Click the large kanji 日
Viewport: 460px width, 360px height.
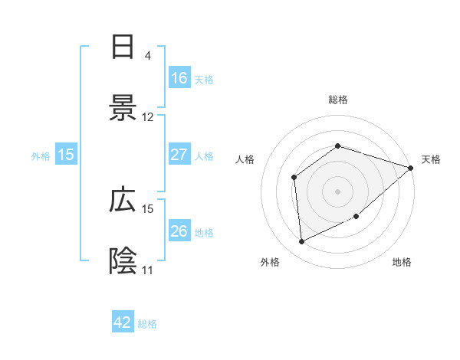123,47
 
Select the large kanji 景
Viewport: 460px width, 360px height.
123,108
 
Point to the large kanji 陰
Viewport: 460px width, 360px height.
123,261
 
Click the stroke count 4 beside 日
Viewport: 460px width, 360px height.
147,56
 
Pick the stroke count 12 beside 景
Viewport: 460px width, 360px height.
148,117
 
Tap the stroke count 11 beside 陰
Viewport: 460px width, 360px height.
148,270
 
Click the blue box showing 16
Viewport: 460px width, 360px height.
179,77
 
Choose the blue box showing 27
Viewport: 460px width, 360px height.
179,155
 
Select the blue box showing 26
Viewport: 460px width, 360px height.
179,231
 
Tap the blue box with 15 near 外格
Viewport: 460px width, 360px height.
66,155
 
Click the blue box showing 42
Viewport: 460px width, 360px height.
123,322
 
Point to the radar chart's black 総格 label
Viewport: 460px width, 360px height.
338,100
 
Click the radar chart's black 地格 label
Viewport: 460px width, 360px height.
402,262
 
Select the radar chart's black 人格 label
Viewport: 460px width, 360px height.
245,159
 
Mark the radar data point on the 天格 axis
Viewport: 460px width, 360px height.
411,168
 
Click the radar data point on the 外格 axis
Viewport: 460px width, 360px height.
302,242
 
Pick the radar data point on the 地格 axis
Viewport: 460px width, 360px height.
356,217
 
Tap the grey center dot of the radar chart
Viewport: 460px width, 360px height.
338,191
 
